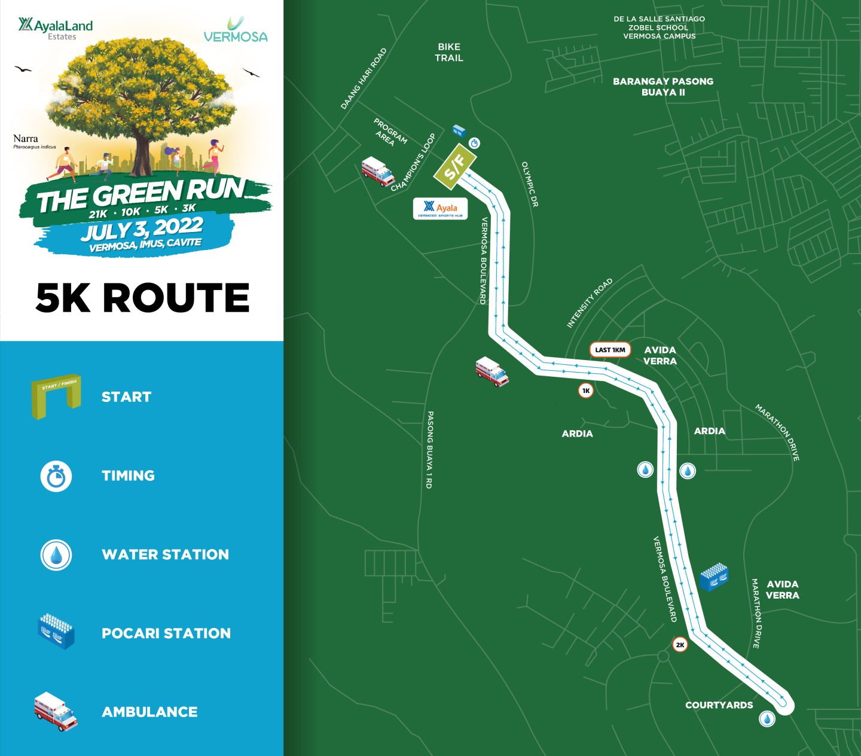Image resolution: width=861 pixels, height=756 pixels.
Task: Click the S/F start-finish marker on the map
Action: [x=454, y=164]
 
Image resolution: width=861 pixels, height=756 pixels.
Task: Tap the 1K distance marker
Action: [x=586, y=391]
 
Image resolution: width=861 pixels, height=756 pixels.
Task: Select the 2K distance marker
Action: [x=680, y=645]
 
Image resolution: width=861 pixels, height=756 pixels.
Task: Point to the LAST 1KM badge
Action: [x=610, y=350]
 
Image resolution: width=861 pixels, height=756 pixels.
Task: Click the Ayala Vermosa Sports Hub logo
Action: [x=440, y=209]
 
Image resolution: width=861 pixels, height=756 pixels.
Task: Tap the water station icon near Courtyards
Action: [x=767, y=718]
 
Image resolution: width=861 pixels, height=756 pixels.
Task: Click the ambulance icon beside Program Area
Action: [x=378, y=171]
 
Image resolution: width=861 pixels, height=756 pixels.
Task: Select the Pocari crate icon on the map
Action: [x=714, y=577]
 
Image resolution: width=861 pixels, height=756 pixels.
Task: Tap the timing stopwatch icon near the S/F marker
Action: [x=475, y=143]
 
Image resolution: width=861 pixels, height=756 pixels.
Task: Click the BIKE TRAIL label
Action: [x=449, y=53]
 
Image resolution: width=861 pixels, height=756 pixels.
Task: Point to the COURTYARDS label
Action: [x=719, y=705]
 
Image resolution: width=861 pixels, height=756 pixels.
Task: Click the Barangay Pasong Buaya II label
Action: [x=662, y=87]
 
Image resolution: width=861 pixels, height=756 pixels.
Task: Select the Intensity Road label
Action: [x=590, y=303]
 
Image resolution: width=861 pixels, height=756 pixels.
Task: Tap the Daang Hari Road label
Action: [x=364, y=78]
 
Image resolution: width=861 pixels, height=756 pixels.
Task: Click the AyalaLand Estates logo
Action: [x=56, y=28]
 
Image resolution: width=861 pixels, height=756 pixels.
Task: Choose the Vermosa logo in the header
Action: [x=236, y=30]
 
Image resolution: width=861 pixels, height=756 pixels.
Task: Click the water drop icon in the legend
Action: [x=56, y=555]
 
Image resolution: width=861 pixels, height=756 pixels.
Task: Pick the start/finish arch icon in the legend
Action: [x=56, y=396]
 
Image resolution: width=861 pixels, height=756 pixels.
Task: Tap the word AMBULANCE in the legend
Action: [x=149, y=712]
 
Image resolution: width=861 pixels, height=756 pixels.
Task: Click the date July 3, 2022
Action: [x=142, y=228]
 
